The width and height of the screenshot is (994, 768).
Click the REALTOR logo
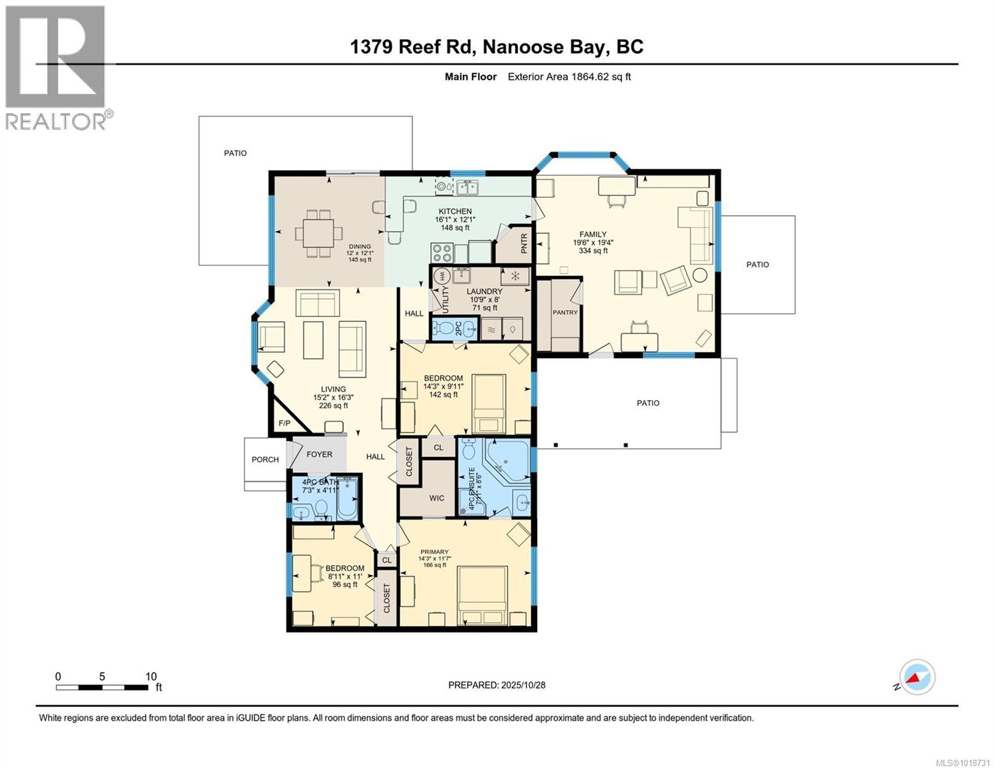point(56,67)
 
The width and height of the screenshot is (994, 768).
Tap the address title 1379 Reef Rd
point(497,47)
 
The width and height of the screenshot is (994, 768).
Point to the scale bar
point(102,687)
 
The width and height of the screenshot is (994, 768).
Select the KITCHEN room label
point(454,211)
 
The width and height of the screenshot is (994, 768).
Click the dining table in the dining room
point(317,234)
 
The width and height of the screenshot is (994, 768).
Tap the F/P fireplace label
point(284,424)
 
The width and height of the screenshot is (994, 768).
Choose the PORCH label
point(264,460)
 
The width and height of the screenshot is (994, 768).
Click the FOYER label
point(319,454)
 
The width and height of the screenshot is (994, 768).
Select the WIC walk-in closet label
point(437,498)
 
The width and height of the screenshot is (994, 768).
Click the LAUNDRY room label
point(484,291)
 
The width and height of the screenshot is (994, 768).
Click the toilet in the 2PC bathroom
point(442,329)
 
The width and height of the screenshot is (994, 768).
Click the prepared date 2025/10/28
point(497,685)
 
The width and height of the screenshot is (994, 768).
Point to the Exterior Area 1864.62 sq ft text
point(569,77)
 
